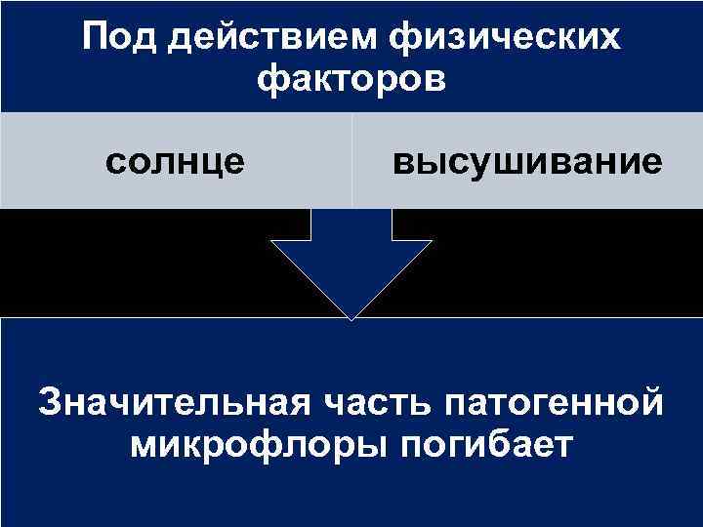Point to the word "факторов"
(351, 79)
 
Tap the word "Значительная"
(173, 402)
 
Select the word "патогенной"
(554, 402)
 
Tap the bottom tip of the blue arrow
(351, 317)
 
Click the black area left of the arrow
(137, 262)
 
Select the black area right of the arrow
(566, 262)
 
